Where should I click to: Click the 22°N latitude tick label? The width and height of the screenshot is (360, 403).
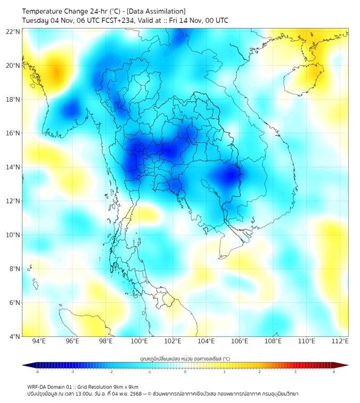tap(13, 31)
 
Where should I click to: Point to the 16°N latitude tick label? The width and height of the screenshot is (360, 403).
tap(13, 133)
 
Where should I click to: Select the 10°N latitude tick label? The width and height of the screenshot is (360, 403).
tap(13, 235)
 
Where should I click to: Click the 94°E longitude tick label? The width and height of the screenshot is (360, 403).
tap(39, 341)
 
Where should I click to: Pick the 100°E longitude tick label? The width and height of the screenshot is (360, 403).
tap(139, 341)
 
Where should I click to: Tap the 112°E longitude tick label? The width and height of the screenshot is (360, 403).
tap(340, 341)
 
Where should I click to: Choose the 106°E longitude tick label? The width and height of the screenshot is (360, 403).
tap(240, 341)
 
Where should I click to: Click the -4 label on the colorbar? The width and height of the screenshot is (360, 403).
tap(36, 372)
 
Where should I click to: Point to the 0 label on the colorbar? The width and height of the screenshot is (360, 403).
tap(185, 372)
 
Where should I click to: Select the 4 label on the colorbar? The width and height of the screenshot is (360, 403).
tap(334, 372)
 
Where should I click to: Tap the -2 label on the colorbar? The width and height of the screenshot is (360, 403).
tap(110, 372)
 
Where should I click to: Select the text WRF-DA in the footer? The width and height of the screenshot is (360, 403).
tap(37, 386)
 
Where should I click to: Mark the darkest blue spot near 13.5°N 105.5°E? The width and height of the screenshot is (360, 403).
tap(231, 175)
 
